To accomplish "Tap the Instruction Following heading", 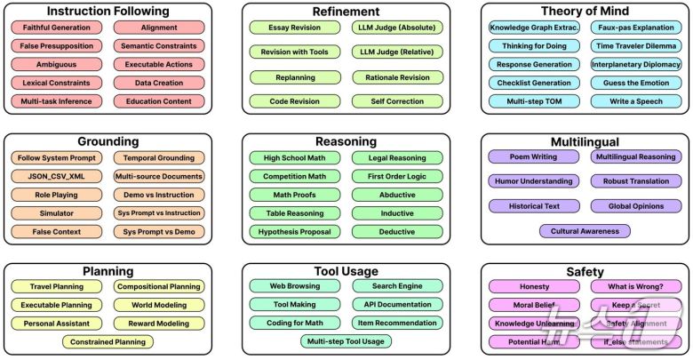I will click(x=108, y=12).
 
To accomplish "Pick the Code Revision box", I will click(x=295, y=102).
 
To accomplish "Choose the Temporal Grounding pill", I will click(x=159, y=157).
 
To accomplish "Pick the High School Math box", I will click(x=295, y=157).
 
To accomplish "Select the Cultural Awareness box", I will click(x=584, y=231).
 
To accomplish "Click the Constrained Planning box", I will click(x=108, y=341).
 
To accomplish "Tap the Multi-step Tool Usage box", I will click(x=347, y=341).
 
